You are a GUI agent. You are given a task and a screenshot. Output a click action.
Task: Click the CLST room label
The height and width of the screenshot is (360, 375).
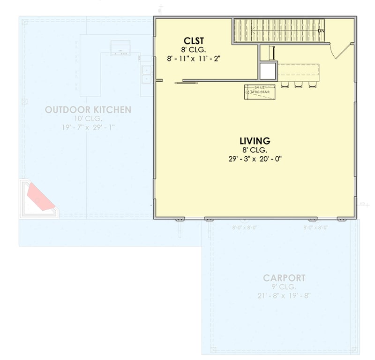[194, 40]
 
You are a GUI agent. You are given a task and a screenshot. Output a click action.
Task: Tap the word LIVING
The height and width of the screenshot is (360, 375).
[255, 140]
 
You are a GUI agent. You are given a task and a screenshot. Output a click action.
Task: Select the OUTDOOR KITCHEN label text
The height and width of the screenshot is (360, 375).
[88, 110]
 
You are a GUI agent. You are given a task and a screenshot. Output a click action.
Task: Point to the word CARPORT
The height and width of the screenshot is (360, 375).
[284, 278]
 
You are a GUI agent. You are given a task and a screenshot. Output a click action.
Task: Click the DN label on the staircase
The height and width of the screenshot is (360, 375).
[321, 31]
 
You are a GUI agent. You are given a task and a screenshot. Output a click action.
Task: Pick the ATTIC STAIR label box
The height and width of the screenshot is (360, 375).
[260, 92]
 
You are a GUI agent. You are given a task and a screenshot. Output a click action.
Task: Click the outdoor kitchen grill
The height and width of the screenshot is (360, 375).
[120, 48]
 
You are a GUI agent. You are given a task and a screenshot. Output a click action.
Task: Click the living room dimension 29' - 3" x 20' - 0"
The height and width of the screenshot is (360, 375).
[255, 159]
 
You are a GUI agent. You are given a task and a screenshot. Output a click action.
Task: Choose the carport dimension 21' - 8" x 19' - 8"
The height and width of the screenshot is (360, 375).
[284, 296]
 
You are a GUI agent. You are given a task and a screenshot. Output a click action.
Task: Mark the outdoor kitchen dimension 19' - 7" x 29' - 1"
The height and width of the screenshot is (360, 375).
[88, 127]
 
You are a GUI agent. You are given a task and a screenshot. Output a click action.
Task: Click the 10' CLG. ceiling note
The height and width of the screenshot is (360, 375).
[88, 119]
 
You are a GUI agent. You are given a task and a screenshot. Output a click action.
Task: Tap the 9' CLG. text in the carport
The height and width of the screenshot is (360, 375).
[284, 287]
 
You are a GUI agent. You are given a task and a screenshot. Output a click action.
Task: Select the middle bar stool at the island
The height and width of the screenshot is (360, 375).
[298, 84]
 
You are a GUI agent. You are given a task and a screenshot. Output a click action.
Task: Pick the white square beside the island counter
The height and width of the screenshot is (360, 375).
[268, 71]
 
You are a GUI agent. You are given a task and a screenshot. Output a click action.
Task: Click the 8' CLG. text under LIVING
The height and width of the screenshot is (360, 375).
[255, 150]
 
